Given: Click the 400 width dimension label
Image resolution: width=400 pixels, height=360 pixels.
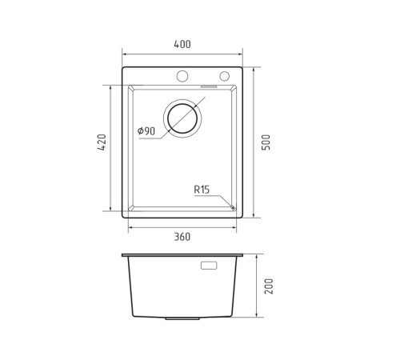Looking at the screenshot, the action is click(x=182, y=44).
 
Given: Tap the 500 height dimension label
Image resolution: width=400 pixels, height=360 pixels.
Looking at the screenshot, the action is click(x=266, y=142).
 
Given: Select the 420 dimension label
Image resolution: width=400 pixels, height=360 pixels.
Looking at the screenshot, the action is click(x=102, y=142).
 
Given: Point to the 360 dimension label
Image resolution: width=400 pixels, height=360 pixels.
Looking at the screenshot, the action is click(x=182, y=237).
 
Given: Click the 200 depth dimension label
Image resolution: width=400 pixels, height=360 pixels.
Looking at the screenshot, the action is click(x=269, y=286).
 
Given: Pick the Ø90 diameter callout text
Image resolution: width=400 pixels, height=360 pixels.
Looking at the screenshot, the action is click(x=146, y=131).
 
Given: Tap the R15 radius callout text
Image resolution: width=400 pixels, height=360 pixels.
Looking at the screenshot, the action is click(x=202, y=190).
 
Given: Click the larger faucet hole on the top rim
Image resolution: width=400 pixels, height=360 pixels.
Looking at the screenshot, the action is click(x=182, y=76).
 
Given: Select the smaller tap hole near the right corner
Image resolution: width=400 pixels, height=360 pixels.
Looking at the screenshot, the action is click(x=225, y=76).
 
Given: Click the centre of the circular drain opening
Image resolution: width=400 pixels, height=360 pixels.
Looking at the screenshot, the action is click(x=182, y=118).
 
